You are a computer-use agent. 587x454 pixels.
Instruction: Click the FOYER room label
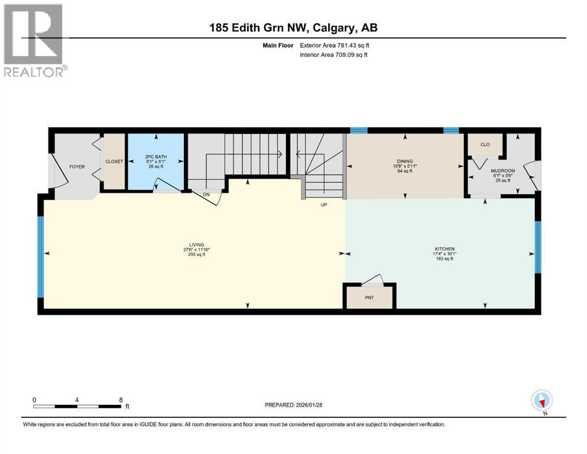point(77,167)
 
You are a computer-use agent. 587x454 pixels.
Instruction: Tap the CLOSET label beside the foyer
point(113,161)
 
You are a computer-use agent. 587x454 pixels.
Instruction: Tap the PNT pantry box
point(369,297)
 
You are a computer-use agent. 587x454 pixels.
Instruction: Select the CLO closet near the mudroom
point(485,144)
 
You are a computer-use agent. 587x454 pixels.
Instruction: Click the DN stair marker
point(205,194)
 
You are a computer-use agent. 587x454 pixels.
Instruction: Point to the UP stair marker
point(324,205)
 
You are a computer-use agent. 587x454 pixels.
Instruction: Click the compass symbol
point(541,401)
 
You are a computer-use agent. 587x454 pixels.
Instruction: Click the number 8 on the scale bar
point(121,400)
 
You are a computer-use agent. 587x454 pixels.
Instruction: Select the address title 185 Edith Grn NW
point(293,28)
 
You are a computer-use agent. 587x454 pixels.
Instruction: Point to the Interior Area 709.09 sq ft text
point(334,55)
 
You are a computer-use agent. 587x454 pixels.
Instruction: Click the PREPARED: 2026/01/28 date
point(294,405)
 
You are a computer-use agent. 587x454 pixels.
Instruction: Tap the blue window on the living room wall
point(41,257)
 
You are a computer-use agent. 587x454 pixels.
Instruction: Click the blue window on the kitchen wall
point(537,247)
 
